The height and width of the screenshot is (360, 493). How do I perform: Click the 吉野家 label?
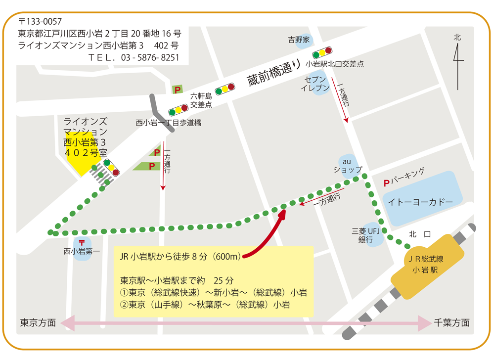click(299, 40)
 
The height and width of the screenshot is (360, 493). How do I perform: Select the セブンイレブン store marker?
click(315, 84)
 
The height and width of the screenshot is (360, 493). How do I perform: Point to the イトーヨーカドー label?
click(420, 202)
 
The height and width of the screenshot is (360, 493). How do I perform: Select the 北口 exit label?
click(420, 234)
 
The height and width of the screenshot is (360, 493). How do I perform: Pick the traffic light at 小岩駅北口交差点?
click(321, 51)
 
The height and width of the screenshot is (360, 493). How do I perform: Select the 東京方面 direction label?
click(38, 322)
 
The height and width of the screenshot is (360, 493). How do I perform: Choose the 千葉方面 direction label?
click(452, 322)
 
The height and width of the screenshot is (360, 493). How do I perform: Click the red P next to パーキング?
click(386, 183)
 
